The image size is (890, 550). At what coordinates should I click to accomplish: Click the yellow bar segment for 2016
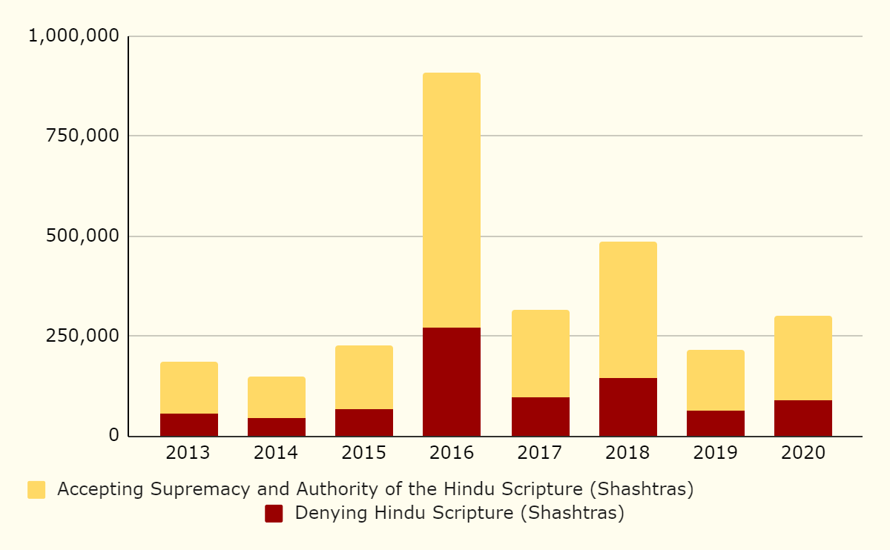(452, 200)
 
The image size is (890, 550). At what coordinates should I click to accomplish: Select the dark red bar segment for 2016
(452, 382)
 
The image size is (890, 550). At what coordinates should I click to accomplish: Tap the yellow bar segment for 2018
(628, 310)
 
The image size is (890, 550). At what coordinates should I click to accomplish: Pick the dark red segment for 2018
(628, 407)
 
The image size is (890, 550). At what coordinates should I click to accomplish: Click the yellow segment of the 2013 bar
(189, 388)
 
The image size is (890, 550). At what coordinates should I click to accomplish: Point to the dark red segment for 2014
(277, 427)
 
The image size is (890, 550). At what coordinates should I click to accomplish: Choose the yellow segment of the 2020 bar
(803, 358)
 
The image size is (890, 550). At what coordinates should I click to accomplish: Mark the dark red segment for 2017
(541, 417)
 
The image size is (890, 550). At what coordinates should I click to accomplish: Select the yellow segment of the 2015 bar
(364, 377)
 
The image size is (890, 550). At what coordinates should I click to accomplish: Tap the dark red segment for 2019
(716, 423)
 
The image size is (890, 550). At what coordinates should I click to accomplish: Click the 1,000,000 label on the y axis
(73, 36)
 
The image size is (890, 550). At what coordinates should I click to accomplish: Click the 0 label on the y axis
(113, 435)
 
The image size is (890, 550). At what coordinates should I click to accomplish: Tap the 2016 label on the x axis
(452, 453)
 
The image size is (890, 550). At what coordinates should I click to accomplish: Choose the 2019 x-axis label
(716, 453)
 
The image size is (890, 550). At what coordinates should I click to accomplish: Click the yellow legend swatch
(36, 490)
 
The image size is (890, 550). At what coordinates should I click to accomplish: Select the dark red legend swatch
(274, 514)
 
